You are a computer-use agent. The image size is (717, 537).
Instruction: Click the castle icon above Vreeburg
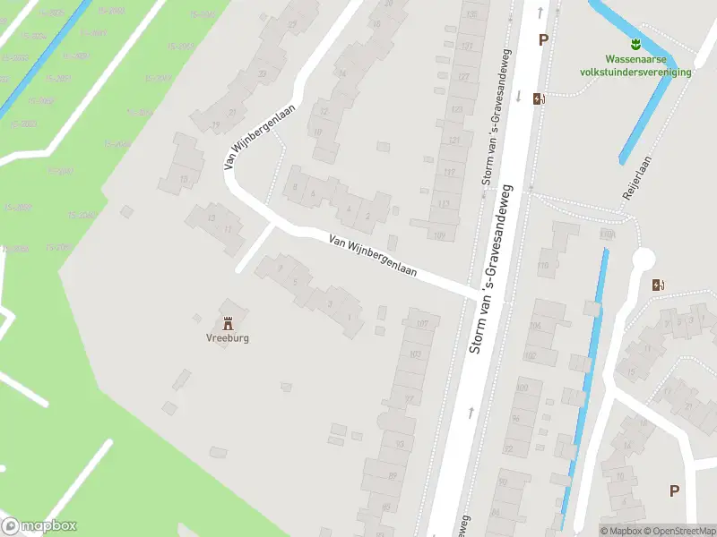click(228, 322)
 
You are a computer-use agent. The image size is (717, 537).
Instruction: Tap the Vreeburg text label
click(228, 338)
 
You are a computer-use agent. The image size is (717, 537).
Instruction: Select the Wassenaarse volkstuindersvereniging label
click(635, 65)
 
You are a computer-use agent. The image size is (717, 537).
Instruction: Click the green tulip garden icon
click(635, 43)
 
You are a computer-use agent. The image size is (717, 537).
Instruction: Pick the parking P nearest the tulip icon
click(542, 39)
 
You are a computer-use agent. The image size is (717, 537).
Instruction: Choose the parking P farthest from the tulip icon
click(674, 490)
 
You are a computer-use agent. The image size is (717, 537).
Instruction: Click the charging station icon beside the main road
click(538, 99)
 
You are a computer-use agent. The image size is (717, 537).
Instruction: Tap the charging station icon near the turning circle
click(659, 286)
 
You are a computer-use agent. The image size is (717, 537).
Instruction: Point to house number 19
click(216, 124)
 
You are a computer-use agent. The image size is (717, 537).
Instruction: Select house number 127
click(463, 78)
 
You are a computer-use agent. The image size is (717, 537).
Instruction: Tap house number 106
click(536, 327)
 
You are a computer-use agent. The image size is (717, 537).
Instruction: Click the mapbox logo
click(39, 526)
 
